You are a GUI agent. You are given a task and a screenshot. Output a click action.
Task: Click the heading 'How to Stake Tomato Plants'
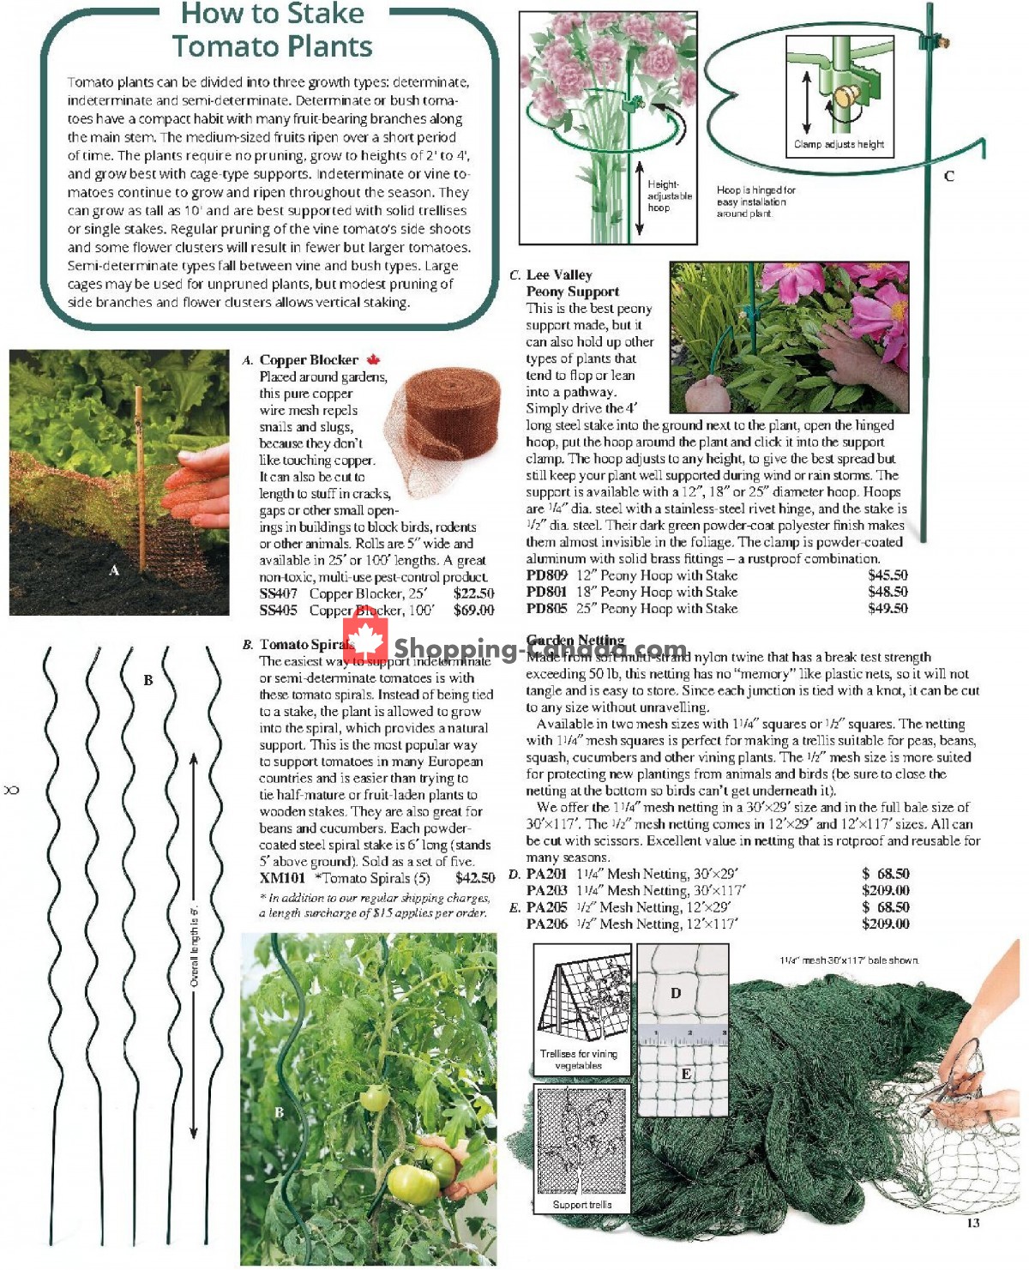click(x=272, y=30)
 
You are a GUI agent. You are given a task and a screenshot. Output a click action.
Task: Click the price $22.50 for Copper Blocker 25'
click(x=473, y=593)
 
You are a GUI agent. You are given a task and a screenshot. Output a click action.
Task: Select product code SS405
click(x=279, y=611)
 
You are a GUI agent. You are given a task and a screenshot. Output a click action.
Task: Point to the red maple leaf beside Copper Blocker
click(x=373, y=360)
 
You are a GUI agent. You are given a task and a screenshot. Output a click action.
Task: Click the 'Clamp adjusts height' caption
click(x=839, y=144)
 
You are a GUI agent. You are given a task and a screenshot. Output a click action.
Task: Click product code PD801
click(x=546, y=592)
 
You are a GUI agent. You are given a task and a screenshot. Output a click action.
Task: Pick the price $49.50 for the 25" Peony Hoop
click(x=887, y=609)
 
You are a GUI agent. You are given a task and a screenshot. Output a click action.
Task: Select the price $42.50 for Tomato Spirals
click(x=475, y=878)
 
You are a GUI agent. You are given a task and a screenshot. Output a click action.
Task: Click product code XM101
click(x=282, y=878)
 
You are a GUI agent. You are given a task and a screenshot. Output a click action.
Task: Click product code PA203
click(x=546, y=891)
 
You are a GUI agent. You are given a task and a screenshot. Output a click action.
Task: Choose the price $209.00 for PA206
click(x=885, y=924)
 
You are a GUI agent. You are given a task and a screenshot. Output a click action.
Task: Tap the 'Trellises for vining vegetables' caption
click(x=579, y=1060)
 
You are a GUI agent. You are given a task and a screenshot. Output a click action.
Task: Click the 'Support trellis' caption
click(x=582, y=1205)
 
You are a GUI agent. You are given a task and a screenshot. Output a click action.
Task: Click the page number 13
click(x=972, y=1223)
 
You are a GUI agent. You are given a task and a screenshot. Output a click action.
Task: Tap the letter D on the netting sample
click(x=676, y=993)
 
